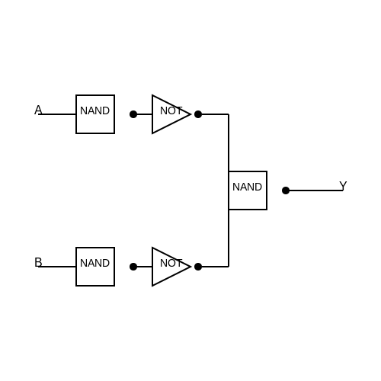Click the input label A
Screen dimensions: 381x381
[38, 110]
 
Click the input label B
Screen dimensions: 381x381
[38, 262]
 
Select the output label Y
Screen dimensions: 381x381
[343, 186]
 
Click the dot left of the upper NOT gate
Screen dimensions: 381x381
[133, 114]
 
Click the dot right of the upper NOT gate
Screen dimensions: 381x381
[198, 114]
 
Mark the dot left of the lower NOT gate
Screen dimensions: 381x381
[133, 267]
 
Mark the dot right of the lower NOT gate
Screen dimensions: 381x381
[198, 267]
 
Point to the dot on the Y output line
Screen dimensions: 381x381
[286, 190]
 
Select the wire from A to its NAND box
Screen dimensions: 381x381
[57, 114]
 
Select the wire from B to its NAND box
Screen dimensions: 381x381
[57, 267]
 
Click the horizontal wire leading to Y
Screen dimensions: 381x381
[314, 190]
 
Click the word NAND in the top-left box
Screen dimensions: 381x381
[94, 110]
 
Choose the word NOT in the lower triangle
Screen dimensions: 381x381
[171, 263]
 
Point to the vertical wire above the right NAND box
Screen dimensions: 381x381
[229, 142]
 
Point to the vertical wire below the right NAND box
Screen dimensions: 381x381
[229, 238]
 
